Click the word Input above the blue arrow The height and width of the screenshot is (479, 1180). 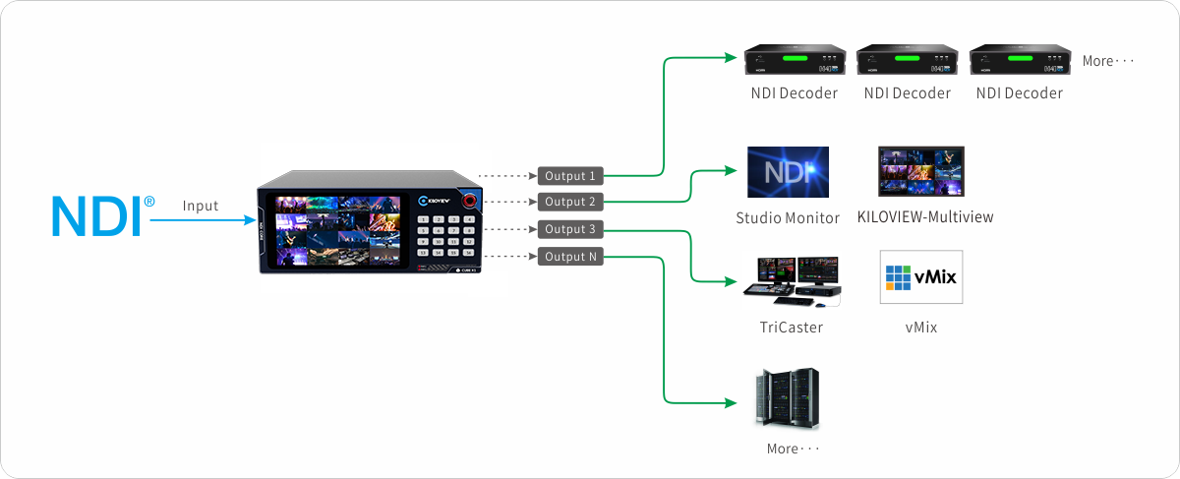(x=201, y=207)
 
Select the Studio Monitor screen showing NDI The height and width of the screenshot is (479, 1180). (x=788, y=173)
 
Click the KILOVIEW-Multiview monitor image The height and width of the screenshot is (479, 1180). (x=921, y=173)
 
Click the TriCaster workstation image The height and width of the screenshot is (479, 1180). (x=792, y=278)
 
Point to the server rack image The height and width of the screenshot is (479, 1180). (x=788, y=397)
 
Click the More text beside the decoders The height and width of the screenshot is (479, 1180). (x=1108, y=61)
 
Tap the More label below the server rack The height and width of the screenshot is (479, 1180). (x=793, y=449)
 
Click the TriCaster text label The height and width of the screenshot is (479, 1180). (x=792, y=327)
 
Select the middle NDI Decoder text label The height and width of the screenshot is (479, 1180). (x=908, y=93)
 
